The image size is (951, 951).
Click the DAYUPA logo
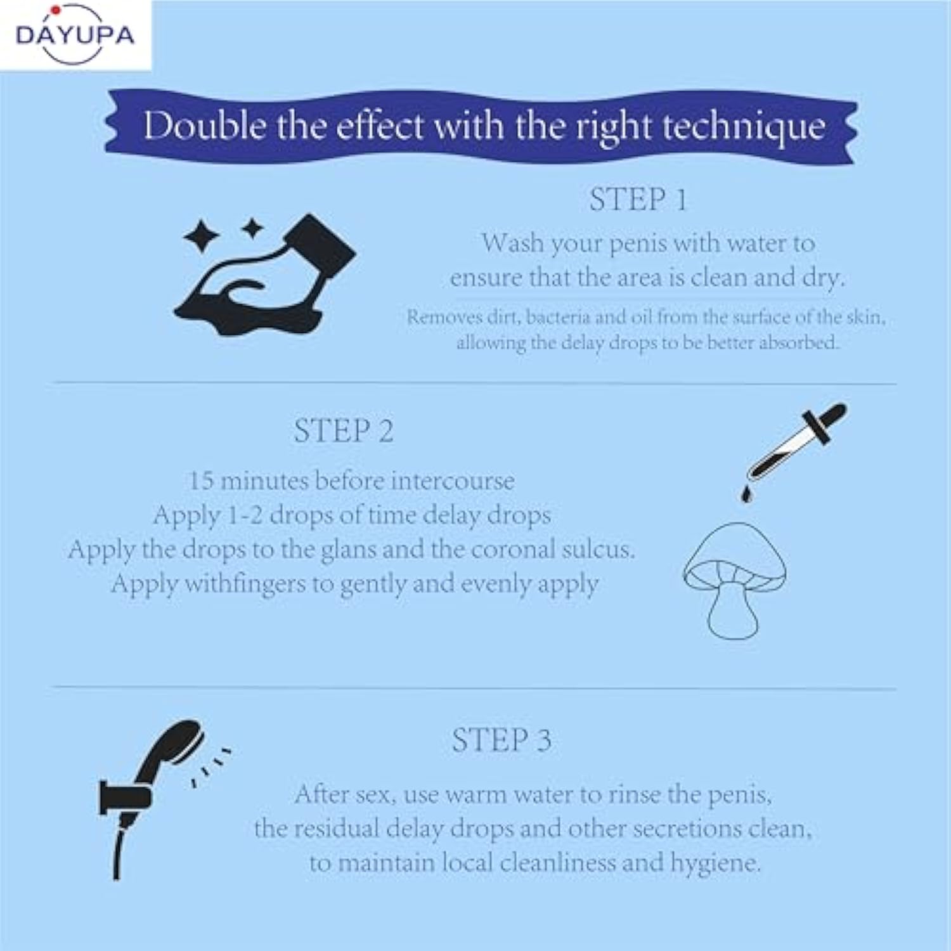(x=75, y=34)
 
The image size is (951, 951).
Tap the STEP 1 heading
(x=638, y=200)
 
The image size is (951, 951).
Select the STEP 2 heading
(x=344, y=431)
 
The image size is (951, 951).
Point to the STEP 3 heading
(x=501, y=740)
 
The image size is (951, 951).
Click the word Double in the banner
(x=205, y=125)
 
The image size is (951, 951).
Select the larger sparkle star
(x=202, y=236)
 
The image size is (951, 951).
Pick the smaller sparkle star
(x=252, y=228)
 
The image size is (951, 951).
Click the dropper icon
(x=796, y=441)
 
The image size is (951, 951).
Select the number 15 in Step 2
(x=201, y=481)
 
